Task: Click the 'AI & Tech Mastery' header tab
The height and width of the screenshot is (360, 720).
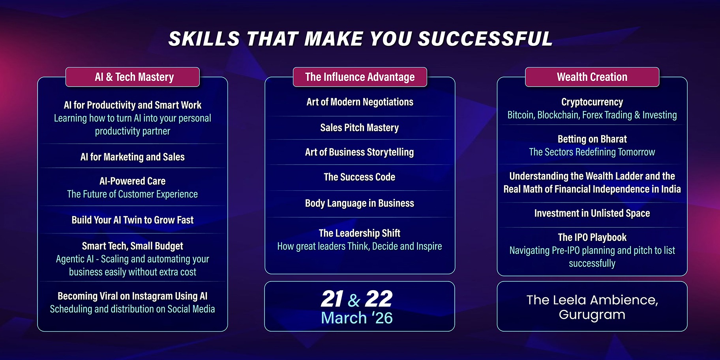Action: tap(133, 77)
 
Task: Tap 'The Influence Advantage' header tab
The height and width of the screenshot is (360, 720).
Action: tap(360, 77)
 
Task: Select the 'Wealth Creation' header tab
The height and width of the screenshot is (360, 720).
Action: tap(592, 77)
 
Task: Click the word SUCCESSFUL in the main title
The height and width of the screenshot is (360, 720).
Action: tap(485, 39)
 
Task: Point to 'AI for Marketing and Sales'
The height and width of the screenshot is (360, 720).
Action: tap(133, 157)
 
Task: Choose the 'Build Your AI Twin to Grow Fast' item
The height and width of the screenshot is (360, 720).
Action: tap(133, 220)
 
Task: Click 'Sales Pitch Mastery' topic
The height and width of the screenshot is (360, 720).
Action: tap(360, 128)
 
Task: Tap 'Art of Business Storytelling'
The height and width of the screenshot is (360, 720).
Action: tap(360, 152)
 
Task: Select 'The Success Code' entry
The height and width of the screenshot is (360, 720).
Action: tap(360, 177)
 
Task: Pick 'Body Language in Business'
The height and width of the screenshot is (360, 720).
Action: tap(360, 203)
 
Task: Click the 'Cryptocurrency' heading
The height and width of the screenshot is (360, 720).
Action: tap(592, 102)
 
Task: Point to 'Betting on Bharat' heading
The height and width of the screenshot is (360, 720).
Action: tap(592, 139)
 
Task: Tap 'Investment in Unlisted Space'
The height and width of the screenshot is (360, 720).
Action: tap(592, 213)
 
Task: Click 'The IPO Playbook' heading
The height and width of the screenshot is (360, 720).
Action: tap(592, 237)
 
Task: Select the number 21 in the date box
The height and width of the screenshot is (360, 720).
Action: tap(332, 299)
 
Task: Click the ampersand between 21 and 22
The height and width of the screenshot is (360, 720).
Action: tap(354, 300)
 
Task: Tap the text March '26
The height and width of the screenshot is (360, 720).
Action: tap(357, 318)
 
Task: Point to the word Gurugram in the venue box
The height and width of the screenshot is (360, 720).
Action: tap(592, 315)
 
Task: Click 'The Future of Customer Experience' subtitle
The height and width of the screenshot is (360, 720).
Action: tap(133, 194)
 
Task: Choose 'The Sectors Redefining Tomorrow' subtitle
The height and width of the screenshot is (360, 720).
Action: tap(592, 152)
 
